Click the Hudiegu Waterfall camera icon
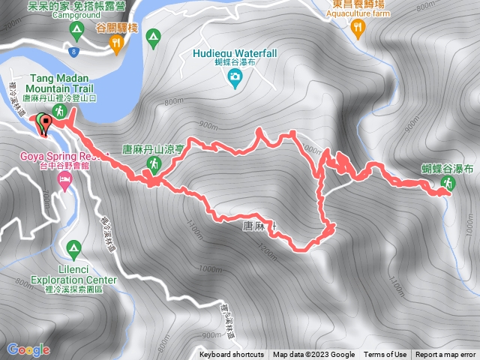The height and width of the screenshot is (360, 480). pyautogui.click(x=235, y=76)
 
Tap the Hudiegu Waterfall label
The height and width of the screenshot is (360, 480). pyautogui.click(x=235, y=52)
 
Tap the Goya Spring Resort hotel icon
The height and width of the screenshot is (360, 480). pyautogui.click(x=65, y=181)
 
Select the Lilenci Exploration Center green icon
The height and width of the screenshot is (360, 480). pyautogui.click(x=73, y=247)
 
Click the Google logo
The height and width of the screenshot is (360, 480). pyautogui.click(x=28, y=349)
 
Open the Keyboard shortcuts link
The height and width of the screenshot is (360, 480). pyautogui.click(x=232, y=355)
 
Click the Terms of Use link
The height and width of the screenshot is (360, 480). pyautogui.click(x=385, y=355)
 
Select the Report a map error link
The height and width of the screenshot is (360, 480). pyautogui.click(x=445, y=355)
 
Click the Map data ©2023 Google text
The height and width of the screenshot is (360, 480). pyautogui.click(x=313, y=355)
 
